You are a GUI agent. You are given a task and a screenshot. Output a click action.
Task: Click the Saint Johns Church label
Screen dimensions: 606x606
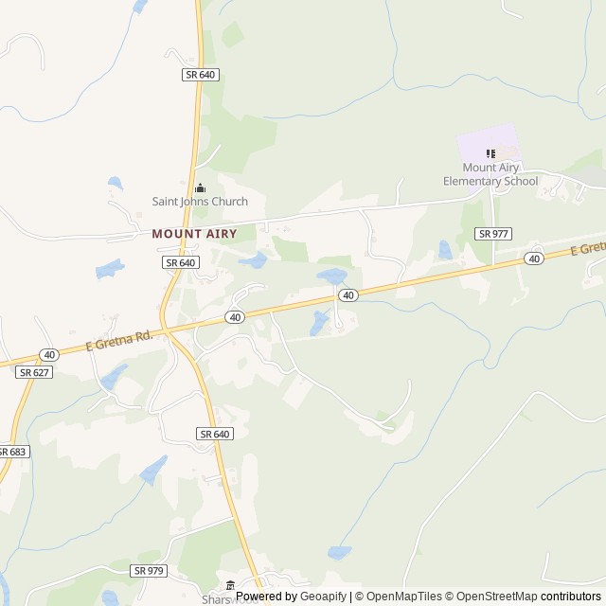[x=200, y=202]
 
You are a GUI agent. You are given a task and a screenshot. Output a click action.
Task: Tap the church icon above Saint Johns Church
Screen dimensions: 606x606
[x=200, y=187]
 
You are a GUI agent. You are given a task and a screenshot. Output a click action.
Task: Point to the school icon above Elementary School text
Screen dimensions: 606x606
[x=490, y=154]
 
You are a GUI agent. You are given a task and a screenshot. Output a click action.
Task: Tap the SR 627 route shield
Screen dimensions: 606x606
[x=34, y=373]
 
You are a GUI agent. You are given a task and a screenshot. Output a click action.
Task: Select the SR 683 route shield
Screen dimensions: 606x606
[x=12, y=452]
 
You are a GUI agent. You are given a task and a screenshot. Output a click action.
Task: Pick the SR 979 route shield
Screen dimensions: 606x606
[x=150, y=570]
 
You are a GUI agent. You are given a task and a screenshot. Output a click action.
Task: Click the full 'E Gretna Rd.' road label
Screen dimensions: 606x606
[x=118, y=341]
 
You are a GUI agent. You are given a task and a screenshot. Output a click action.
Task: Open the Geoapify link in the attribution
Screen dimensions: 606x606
[x=323, y=597]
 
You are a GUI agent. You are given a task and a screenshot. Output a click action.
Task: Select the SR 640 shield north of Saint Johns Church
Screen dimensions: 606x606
[x=202, y=74]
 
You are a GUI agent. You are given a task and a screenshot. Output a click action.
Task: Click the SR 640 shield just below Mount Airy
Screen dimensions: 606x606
[x=180, y=262]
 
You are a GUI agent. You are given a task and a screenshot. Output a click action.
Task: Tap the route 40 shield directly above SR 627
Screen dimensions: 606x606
[x=49, y=354]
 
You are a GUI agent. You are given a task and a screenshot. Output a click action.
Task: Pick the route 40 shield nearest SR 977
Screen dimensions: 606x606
[x=535, y=258]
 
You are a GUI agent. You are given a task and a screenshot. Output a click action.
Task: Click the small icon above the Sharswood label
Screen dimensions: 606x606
[x=230, y=586]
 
